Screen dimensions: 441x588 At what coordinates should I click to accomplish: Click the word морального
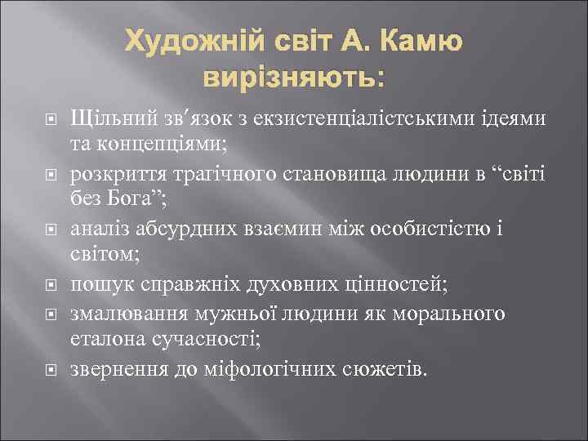pyautogui.click(x=459, y=314)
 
